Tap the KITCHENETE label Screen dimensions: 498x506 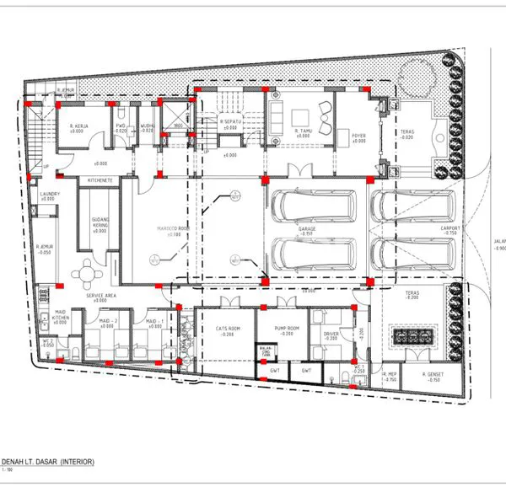100,180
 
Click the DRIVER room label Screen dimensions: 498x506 331,335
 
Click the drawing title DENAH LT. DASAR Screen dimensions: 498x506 48,462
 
